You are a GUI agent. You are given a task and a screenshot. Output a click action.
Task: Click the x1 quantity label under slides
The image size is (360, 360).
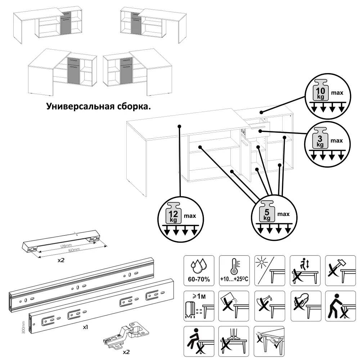click(86, 328)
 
